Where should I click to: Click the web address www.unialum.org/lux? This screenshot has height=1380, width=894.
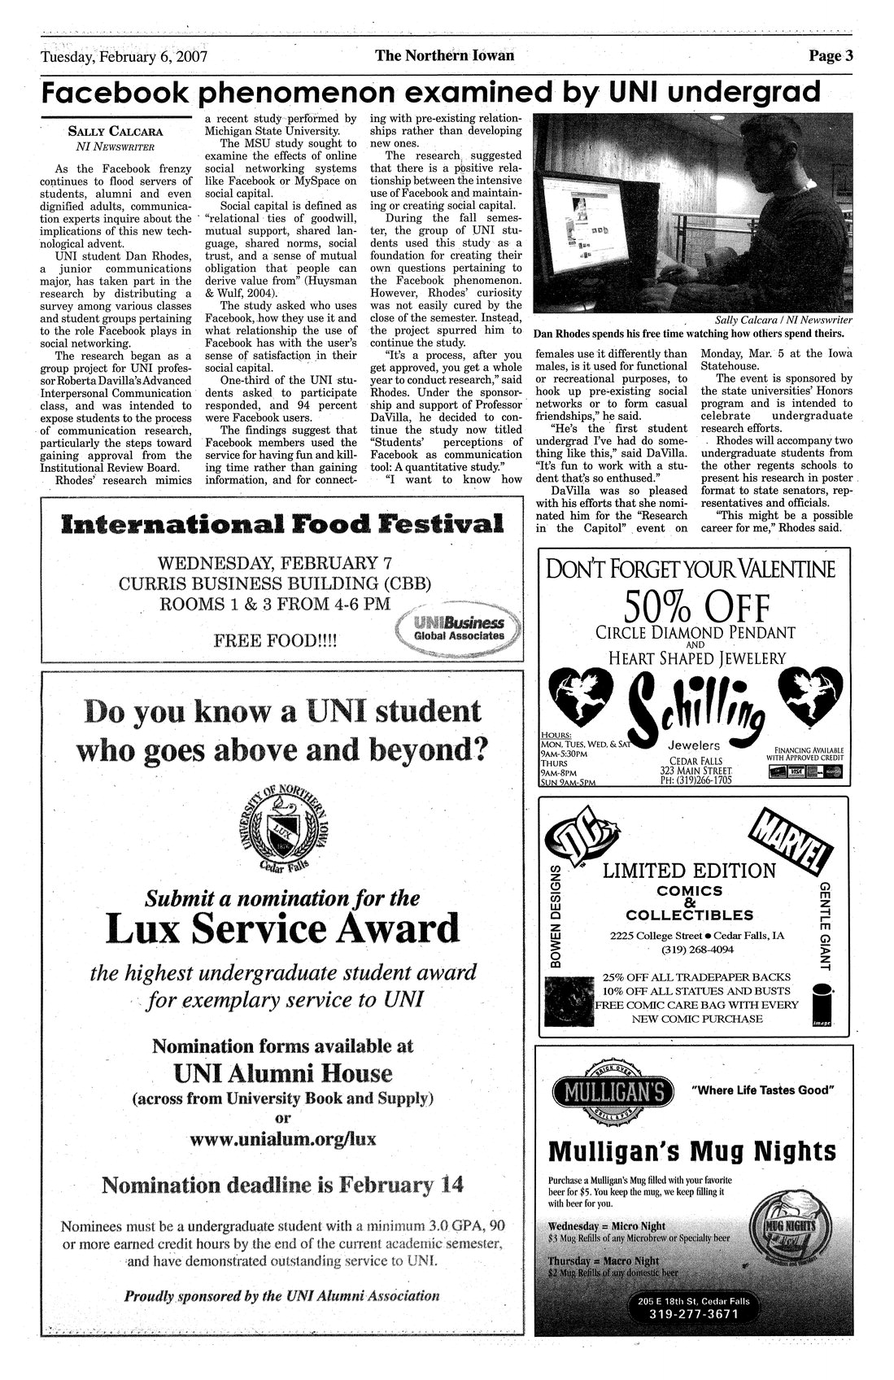282,1138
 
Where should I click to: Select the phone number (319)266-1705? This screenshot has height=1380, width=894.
696,780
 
